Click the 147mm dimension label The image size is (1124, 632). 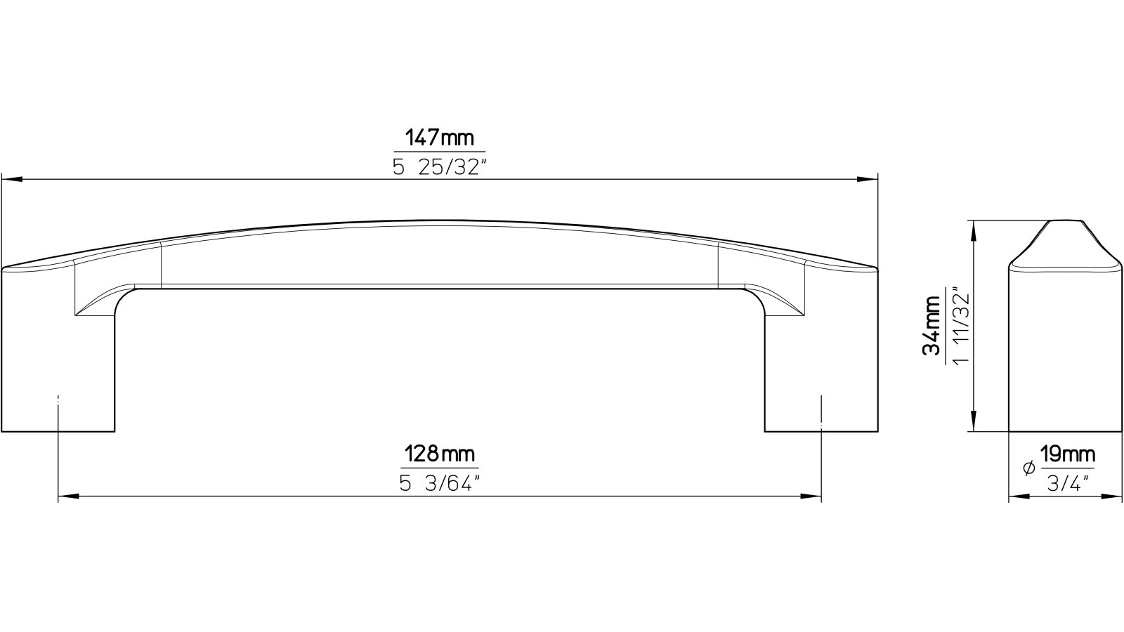(x=439, y=138)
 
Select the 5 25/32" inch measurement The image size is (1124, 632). (x=440, y=167)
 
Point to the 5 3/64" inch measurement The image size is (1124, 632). (x=440, y=484)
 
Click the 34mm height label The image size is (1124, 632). (x=932, y=326)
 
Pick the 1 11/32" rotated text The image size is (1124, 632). (x=961, y=326)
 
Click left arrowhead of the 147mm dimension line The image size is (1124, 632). (x=10, y=180)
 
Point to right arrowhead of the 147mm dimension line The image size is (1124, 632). (x=870, y=180)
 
